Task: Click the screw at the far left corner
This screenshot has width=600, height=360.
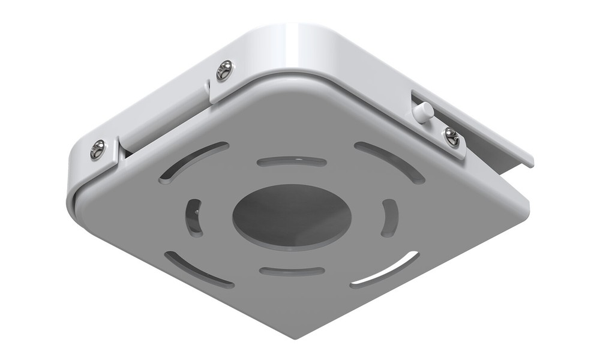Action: coord(97,149)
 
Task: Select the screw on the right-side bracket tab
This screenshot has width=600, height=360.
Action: coord(451,137)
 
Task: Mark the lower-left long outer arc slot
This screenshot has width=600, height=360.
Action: coord(199,269)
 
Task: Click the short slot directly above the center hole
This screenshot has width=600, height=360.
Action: coord(292,161)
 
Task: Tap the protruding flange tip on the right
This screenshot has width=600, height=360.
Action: coord(528,158)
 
